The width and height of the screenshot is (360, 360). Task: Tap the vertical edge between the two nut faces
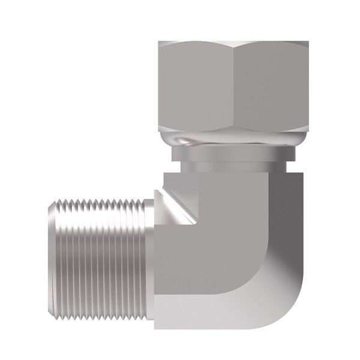coord(233,87)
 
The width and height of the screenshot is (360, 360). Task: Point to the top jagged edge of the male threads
coord(96,198)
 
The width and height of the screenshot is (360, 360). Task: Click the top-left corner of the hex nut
coord(159,42)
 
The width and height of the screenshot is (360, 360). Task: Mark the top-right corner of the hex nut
coord(303,42)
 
